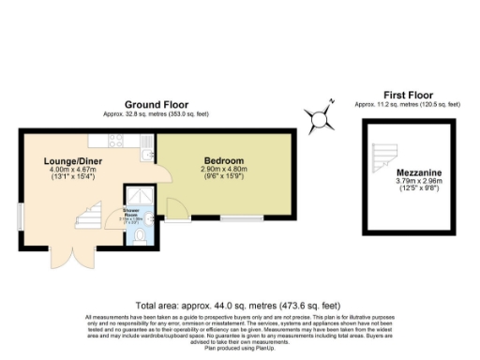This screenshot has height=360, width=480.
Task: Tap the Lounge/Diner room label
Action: tap(72, 161)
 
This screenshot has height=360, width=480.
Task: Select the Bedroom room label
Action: tap(224, 160)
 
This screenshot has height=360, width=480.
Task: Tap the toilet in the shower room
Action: tap(140, 238)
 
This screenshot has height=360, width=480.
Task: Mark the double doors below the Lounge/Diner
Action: tap(67, 260)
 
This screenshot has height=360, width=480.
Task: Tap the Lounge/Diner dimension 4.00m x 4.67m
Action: tap(72, 171)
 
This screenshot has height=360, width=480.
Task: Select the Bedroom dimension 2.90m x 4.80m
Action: tap(225, 170)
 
